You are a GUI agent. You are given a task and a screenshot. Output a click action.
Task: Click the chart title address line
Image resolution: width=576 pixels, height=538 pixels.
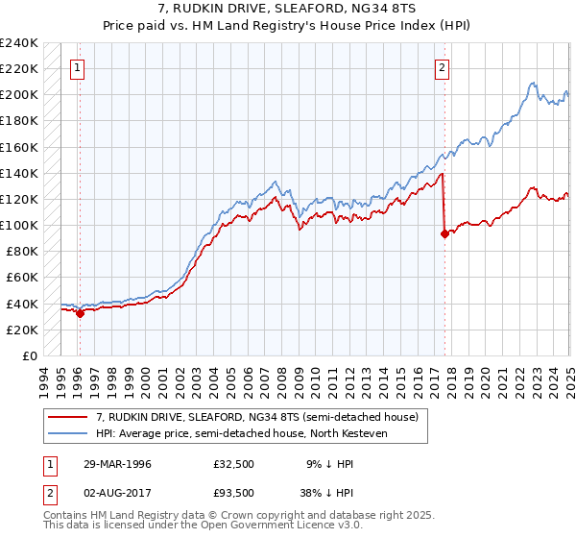(x=287, y=11)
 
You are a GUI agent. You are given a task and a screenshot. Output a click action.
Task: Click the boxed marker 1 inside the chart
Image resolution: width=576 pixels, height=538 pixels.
(x=76, y=67)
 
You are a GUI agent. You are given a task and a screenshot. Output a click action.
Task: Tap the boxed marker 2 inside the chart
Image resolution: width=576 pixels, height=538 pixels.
(x=442, y=67)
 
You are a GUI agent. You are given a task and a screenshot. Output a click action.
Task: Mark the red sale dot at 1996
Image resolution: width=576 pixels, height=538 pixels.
(x=81, y=313)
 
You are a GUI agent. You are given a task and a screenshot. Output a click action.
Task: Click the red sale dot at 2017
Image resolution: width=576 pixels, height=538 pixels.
(x=444, y=233)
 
